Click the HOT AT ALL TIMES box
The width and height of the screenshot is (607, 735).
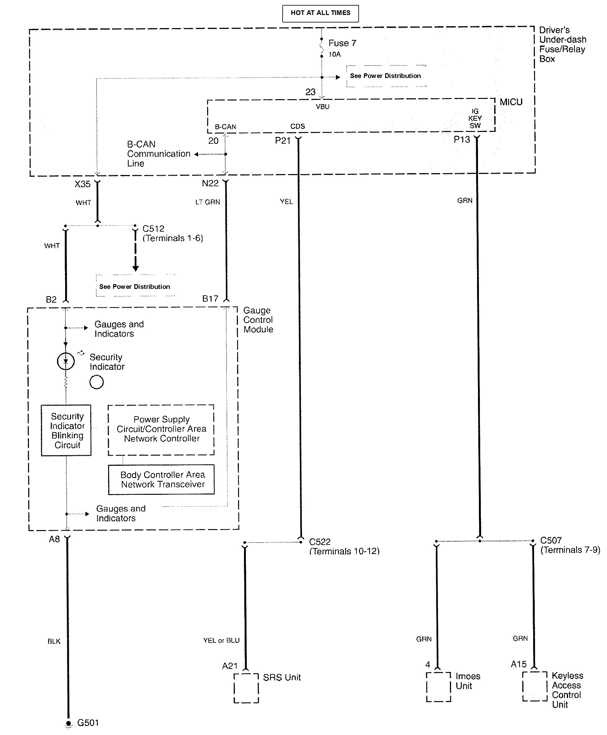(320, 13)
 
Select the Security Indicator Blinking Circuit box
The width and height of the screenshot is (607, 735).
(66, 430)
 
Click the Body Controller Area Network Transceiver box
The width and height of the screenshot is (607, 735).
(161, 479)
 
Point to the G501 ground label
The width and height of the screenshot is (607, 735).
(88, 723)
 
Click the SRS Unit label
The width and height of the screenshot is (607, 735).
(281, 677)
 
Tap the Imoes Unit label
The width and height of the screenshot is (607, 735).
(467, 681)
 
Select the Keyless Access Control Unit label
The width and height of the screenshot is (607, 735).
(566, 690)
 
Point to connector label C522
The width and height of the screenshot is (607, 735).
(320, 542)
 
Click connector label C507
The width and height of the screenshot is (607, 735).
(551, 540)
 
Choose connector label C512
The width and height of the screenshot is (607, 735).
(153, 229)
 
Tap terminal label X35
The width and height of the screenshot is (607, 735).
(83, 184)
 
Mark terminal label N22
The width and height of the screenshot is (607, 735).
(210, 183)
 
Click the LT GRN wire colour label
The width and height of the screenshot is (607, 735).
(208, 202)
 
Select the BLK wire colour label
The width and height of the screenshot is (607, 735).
(54, 641)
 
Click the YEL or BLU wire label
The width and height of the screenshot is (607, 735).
(221, 640)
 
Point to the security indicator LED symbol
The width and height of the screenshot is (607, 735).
(66, 361)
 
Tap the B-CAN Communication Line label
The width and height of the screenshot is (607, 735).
(158, 154)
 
